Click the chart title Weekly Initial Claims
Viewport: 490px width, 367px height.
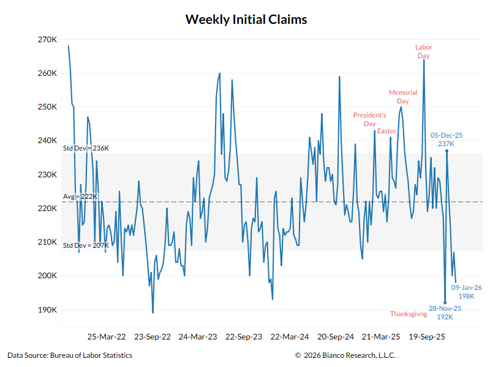click(x=246, y=20)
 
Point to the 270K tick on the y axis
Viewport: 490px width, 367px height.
click(x=47, y=40)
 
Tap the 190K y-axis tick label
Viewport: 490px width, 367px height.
click(x=47, y=310)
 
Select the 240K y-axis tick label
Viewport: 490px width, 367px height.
click(x=47, y=141)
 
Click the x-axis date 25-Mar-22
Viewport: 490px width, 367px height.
click(x=107, y=336)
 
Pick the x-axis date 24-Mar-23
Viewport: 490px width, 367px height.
click(x=198, y=336)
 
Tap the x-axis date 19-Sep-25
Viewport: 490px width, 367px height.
click(x=426, y=336)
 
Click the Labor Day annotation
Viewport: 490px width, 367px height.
click(x=423, y=51)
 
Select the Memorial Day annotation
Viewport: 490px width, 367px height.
click(x=402, y=97)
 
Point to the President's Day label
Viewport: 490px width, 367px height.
click(x=369, y=119)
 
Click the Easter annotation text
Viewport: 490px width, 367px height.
click(x=386, y=132)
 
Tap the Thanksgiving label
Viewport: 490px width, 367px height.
click(x=409, y=314)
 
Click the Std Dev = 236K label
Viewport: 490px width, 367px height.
click(x=86, y=148)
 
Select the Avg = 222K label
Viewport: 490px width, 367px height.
click(x=80, y=196)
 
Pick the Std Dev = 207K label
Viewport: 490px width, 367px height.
click(x=86, y=245)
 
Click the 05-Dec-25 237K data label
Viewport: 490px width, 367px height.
click(x=446, y=139)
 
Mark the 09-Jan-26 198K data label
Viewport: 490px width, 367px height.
click(x=467, y=292)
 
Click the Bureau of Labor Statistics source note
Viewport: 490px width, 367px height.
click(x=70, y=355)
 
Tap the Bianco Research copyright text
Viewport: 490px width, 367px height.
click(x=345, y=355)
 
